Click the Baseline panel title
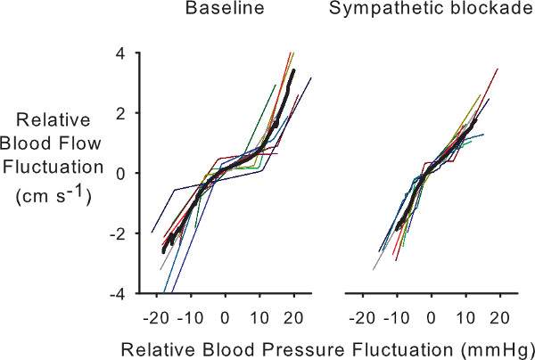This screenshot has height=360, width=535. point(214,11)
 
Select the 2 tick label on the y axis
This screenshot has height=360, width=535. point(130,112)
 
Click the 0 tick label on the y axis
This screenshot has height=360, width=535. point(130,173)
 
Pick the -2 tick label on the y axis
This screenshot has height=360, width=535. point(127,233)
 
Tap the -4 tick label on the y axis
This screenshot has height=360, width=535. point(127,293)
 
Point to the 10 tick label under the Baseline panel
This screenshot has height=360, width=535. point(259,316)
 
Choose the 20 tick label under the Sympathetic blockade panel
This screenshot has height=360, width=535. point(499,316)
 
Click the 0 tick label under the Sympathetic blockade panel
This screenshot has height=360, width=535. point(431,316)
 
